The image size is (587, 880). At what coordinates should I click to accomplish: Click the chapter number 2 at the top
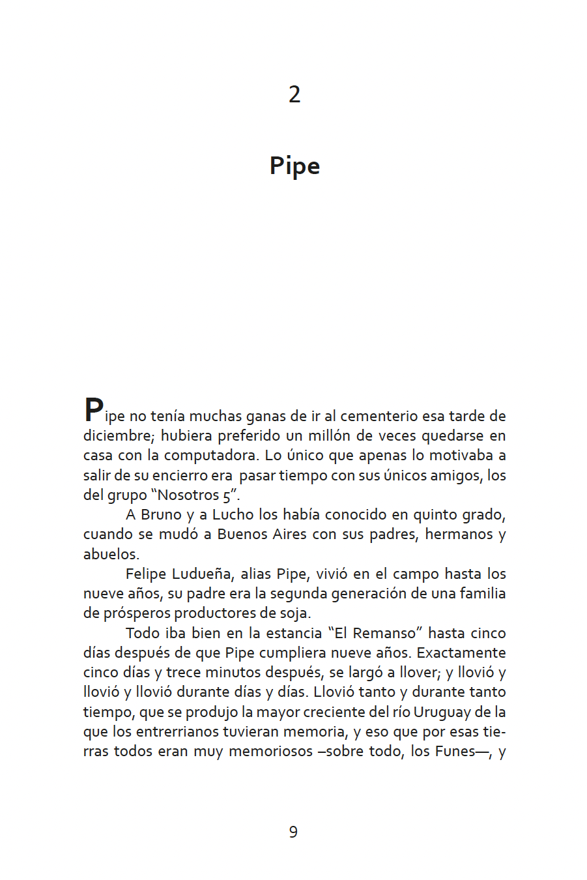[294, 95]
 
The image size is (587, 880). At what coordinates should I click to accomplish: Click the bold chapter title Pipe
[294, 166]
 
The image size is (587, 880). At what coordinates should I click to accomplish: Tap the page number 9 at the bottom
[293, 832]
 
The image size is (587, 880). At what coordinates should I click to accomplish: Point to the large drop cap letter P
[93, 410]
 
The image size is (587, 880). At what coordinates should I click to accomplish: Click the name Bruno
[161, 514]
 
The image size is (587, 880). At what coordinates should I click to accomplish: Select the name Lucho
[233, 514]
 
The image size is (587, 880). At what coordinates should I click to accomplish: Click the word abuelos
[110, 554]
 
